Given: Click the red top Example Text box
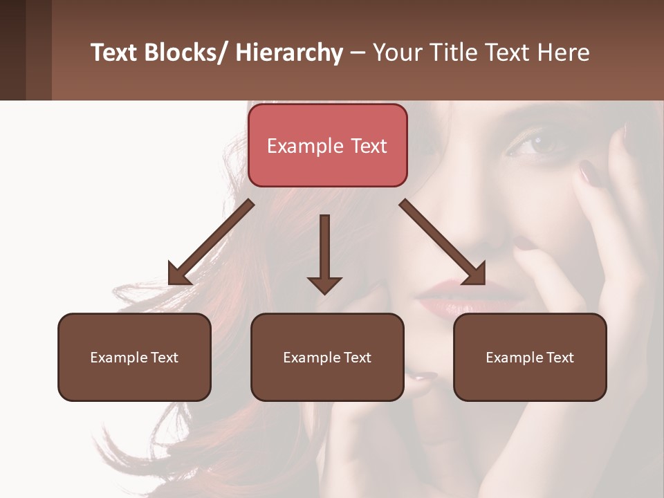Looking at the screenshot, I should [x=327, y=145].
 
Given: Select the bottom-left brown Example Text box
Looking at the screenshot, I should [x=134, y=357].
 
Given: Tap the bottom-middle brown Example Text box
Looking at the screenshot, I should [x=327, y=357].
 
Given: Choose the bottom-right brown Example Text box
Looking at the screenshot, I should [x=530, y=357].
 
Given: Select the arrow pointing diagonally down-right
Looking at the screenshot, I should [x=443, y=242].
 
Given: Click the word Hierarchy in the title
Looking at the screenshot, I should [x=289, y=53].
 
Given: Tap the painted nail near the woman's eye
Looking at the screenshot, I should [x=588, y=171].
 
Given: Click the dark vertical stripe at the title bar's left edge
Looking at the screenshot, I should [x=12, y=50].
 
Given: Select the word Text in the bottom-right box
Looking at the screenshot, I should [x=560, y=357].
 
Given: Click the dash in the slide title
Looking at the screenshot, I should [x=358, y=53].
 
